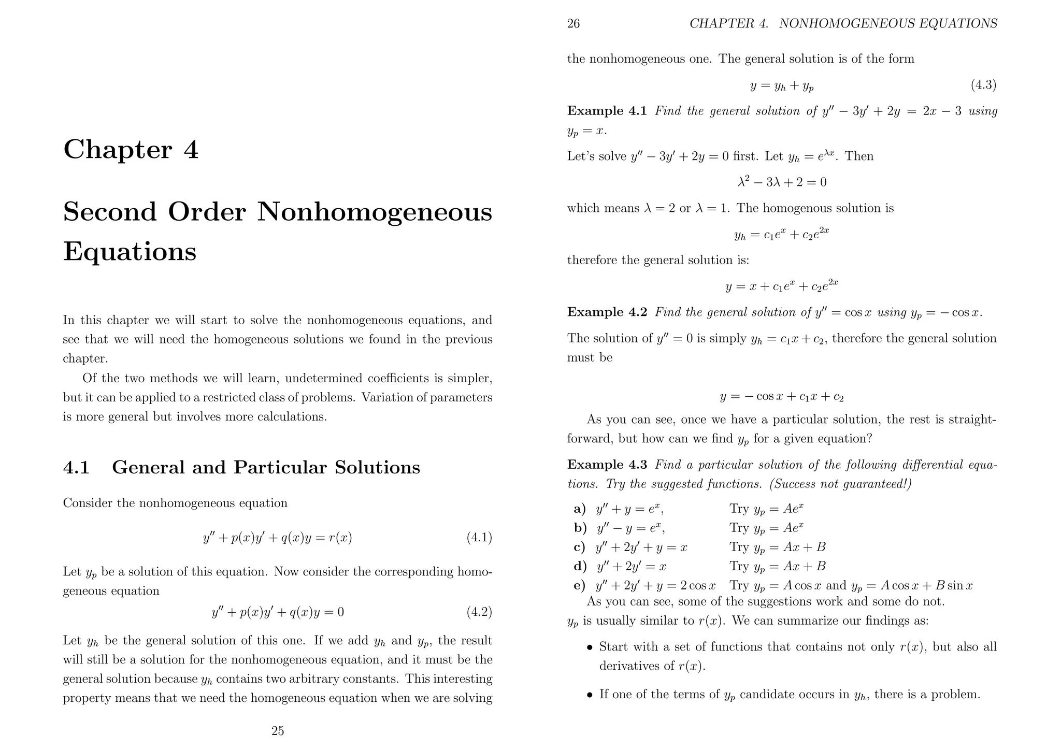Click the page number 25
[x=278, y=731]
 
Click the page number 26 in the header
[x=573, y=24]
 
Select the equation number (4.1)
[x=479, y=538]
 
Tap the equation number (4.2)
[x=479, y=612]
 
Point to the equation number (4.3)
[x=984, y=85]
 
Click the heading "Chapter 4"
[x=131, y=150]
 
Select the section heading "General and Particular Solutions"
[x=266, y=467]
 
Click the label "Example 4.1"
[x=607, y=111]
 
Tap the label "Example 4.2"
[x=607, y=312]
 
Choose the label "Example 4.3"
[x=607, y=465]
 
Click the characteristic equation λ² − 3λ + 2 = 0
[x=782, y=182]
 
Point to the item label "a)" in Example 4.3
[x=580, y=509]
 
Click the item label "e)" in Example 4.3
[x=580, y=586]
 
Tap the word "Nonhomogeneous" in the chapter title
[x=375, y=212]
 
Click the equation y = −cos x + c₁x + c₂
[x=782, y=397]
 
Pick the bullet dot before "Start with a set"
[x=589, y=647]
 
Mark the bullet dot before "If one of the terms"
[x=589, y=695]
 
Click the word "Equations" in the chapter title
[x=130, y=252]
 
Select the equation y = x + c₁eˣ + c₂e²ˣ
[x=782, y=285]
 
